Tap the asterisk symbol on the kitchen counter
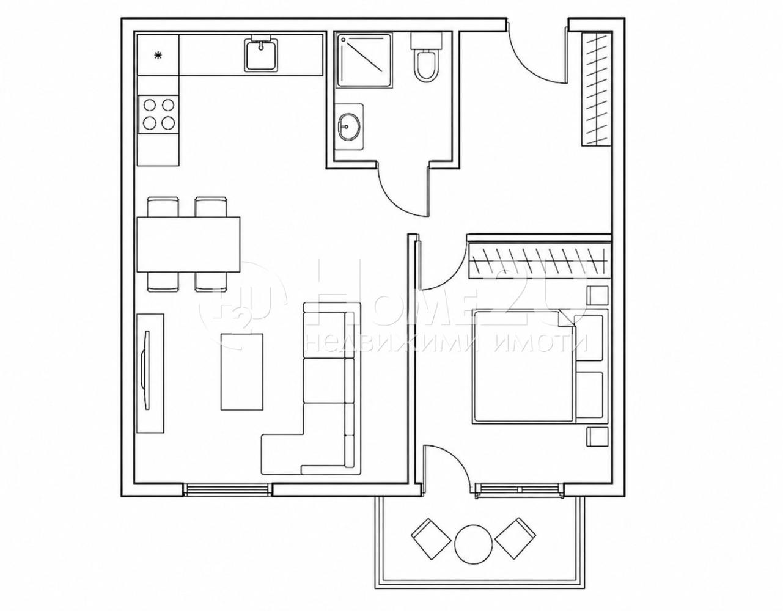click(x=158, y=55)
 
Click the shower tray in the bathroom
click(x=364, y=60)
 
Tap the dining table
click(x=188, y=244)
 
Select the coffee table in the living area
click(x=242, y=372)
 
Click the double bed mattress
click(x=523, y=367)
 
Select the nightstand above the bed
click(x=597, y=296)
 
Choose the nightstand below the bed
click(x=597, y=437)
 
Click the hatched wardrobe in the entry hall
click(x=597, y=89)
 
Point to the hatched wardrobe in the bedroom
click(x=539, y=261)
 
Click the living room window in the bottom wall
click(x=227, y=489)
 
